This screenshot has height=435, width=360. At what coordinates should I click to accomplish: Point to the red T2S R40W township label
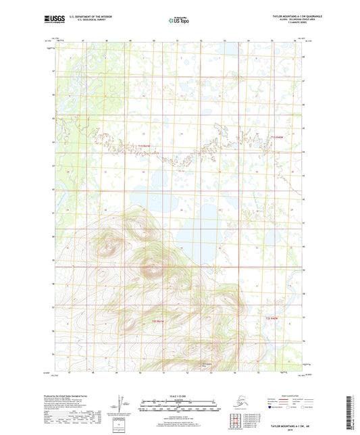(272, 317)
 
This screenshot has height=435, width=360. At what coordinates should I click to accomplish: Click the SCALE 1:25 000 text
(179, 394)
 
